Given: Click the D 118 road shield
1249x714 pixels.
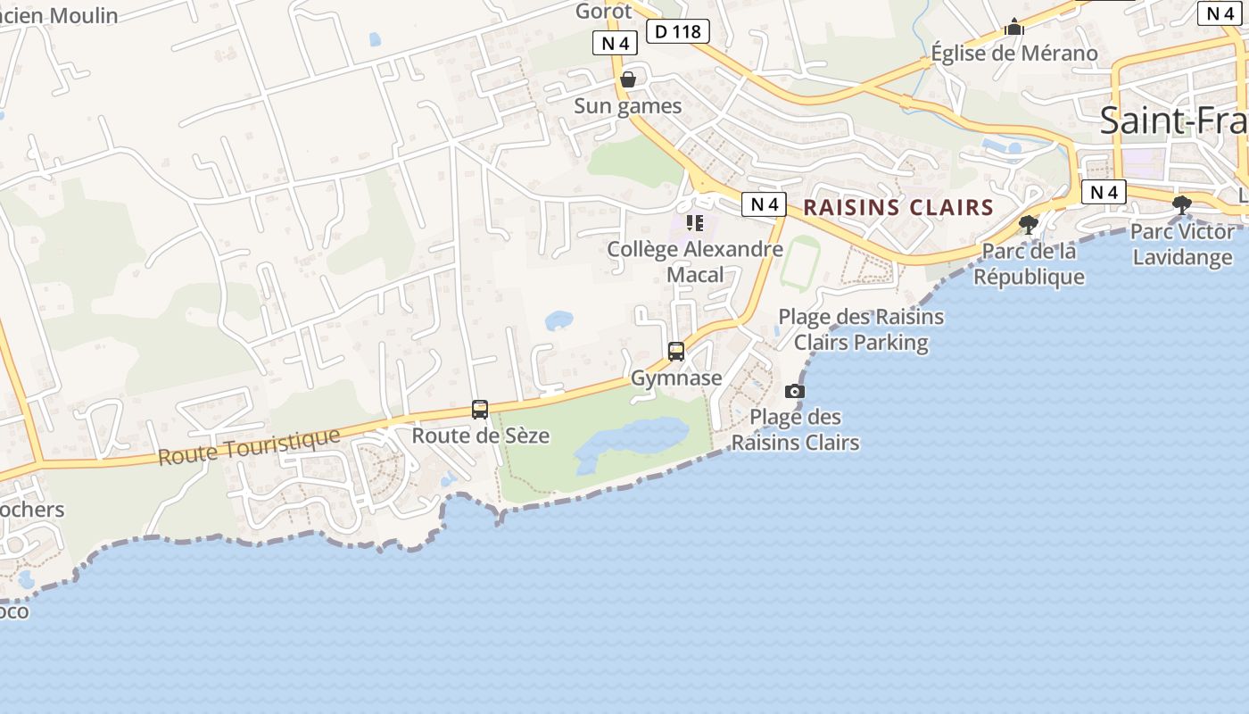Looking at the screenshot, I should tap(678, 31).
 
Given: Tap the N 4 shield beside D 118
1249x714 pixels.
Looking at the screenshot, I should tap(615, 43).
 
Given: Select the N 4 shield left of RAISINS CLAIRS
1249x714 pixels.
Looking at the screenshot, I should tap(765, 204).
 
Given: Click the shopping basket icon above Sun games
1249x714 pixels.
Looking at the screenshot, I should tap(628, 79).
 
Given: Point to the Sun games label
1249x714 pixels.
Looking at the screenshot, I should tap(627, 106).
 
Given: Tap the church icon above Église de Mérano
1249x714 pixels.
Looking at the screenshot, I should tap(1014, 28).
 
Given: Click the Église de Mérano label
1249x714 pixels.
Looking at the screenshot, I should tap(1014, 53).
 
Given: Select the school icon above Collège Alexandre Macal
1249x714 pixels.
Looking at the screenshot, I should tap(695, 222).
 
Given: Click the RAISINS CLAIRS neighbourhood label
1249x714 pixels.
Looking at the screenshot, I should tap(898, 208).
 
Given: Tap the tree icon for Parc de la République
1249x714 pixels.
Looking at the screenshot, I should tap(1029, 224).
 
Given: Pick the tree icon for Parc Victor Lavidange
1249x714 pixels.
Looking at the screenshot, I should tap(1182, 205).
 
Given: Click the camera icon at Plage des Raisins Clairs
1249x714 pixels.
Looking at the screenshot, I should tap(794, 391).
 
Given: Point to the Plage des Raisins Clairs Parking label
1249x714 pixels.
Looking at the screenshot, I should tap(861, 329).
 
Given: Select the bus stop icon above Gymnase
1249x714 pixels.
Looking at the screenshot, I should tap(676, 352).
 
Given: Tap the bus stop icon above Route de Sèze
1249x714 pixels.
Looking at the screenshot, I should tap(480, 410).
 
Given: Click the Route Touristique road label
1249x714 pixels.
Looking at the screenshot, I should tap(249, 446).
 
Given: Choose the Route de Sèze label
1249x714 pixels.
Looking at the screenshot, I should tap(480, 436).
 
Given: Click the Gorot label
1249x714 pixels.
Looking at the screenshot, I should tap(604, 11).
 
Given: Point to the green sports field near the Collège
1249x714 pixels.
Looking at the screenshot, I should tap(800, 262).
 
